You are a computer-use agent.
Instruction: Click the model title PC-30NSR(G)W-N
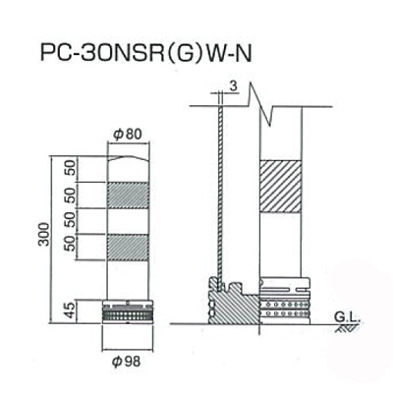point(145,53)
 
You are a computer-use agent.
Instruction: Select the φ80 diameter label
point(128,135)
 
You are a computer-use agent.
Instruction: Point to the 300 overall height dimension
point(43,234)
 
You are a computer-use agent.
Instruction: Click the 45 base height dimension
point(71,311)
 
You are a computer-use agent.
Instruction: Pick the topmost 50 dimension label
point(71,168)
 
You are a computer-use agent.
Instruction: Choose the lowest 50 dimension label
point(71,243)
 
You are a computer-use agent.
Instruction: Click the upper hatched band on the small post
point(129,196)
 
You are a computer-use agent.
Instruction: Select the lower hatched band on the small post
point(129,248)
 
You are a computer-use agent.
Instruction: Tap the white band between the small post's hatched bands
point(129,221)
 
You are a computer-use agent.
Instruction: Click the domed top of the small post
point(129,159)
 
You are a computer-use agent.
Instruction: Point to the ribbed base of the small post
point(128,311)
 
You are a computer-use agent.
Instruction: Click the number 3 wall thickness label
point(233,86)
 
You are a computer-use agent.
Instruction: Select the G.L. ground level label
point(347,317)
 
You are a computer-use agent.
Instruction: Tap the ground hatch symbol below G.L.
point(347,328)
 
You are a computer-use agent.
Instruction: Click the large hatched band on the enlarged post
point(280,187)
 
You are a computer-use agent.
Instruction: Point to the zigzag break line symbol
point(260,104)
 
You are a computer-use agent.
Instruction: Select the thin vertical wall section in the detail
point(220,196)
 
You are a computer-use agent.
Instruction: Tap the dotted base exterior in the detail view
point(285,302)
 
